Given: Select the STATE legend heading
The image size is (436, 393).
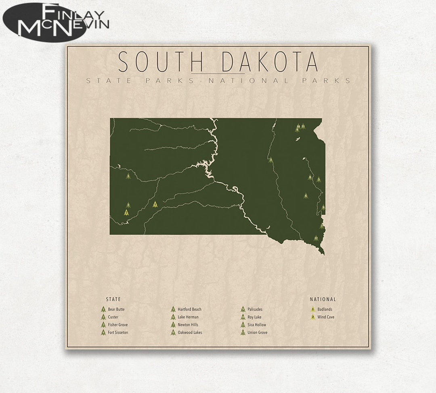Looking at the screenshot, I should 113,299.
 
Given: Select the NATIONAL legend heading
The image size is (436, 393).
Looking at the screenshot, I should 323,299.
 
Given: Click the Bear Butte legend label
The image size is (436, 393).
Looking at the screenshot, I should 116,310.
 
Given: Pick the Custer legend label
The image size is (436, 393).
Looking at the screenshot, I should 113,317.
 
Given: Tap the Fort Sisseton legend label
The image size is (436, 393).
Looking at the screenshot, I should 118,333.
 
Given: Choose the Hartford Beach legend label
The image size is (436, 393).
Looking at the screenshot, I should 189,310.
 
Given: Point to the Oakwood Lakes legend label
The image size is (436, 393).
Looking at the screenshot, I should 190,333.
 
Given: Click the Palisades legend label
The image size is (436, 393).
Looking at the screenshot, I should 255,310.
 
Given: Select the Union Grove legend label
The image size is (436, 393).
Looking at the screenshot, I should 258,333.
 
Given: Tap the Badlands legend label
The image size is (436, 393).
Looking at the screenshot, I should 325,310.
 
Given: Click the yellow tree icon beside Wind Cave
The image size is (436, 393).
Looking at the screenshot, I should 312,317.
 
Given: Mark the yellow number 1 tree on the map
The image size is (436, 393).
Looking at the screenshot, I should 155,204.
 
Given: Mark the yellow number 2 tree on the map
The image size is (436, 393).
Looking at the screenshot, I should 127,212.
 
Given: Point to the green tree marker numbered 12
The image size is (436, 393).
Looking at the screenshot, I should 316,238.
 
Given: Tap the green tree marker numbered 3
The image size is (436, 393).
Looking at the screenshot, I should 270,160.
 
